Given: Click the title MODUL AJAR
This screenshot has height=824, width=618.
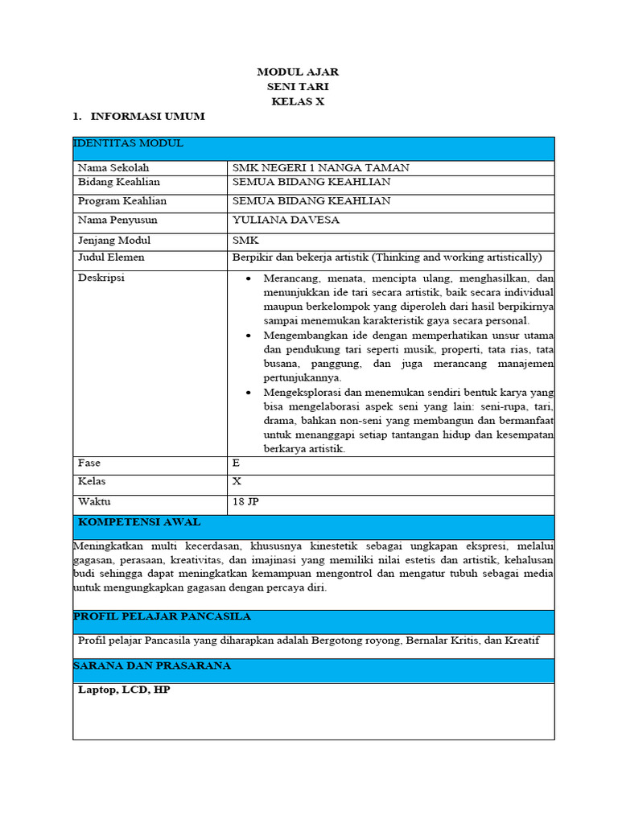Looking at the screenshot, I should click(x=298, y=72).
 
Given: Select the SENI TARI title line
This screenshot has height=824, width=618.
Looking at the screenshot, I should click(x=298, y=87).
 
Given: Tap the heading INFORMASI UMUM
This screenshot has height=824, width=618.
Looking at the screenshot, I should click(x=147, y=117).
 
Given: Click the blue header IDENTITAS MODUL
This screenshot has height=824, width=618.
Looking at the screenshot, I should click(x=129, y=144).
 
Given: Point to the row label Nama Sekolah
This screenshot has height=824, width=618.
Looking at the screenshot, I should click(x=113, y=168).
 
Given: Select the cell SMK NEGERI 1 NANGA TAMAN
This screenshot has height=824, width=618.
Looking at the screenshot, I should click(x=320, y=168).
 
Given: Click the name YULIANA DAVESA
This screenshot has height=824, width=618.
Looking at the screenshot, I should click(x=286, y=220).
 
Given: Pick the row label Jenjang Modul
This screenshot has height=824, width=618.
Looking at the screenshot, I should click(x=114, y=241).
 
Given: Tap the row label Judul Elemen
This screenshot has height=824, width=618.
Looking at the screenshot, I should click(x=111, y=258).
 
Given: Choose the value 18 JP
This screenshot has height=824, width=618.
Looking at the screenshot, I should click(x=245, y=502).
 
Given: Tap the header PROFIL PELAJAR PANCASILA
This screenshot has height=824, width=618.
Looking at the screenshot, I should click(x=162, y=617).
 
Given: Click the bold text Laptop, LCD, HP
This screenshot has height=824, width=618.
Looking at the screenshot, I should click(x=124, y=690).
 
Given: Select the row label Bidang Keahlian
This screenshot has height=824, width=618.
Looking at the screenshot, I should click(x=118, y=183).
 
